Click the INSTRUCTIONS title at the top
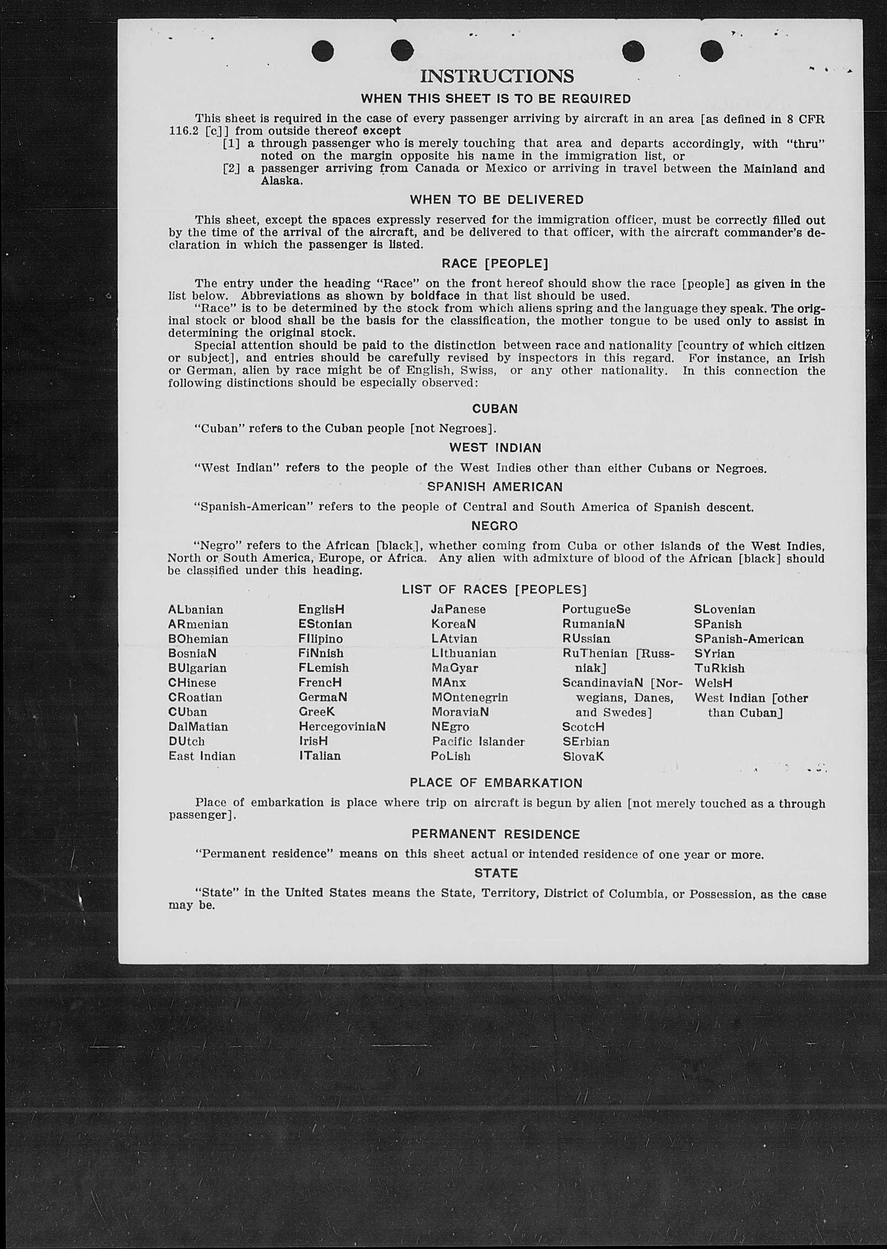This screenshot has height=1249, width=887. (x=497, y=76)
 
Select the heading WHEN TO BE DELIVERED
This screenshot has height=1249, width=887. (x=497, y=200)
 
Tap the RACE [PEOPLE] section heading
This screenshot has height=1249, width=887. (x=494, y=264)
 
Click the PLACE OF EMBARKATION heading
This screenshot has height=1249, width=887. (x=496, y=783)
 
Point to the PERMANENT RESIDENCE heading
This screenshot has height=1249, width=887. (x=495, y=834)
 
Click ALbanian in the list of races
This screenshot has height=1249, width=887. (x=196, y=610)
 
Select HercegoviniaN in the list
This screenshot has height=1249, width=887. (x=342, y=727)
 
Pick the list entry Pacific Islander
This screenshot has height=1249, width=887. (x=478, y=742)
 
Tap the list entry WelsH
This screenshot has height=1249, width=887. (x=713, y=683)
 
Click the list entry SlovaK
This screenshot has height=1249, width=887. (x=583, y=757)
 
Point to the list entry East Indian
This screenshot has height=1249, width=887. (x=202, y=756)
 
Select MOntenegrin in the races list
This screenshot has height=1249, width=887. (x=469, y=698)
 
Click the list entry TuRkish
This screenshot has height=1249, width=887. (x=719, y=668)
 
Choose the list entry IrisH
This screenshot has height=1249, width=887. (x=313, y=742)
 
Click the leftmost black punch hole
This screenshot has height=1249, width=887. (x=322, y=51)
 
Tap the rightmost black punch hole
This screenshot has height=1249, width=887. (x=711, y=51)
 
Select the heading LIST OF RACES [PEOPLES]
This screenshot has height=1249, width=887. (x=494, y=590)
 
